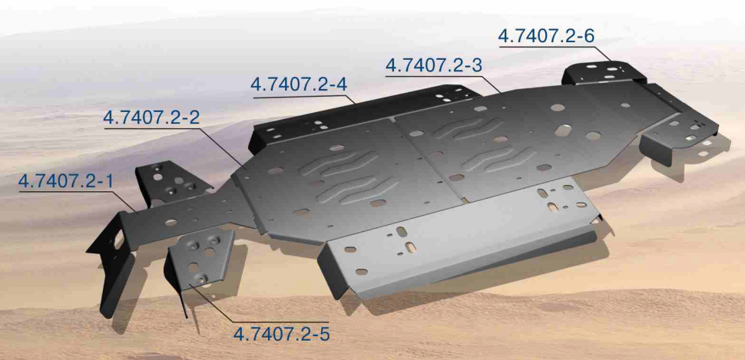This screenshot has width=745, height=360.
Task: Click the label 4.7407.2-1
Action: [x=65, y=181]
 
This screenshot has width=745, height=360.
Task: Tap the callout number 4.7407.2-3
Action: [x=433, y=66]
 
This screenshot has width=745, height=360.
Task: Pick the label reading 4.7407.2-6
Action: [x=546, y=36]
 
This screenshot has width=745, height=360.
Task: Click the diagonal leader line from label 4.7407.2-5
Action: [x=215, y=303]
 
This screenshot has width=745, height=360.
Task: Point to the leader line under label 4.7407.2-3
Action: [x=445, y=77]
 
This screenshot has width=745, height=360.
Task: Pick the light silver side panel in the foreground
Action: [x=461, y=246]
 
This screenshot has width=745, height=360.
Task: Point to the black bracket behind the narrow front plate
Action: [x=173, y=180]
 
